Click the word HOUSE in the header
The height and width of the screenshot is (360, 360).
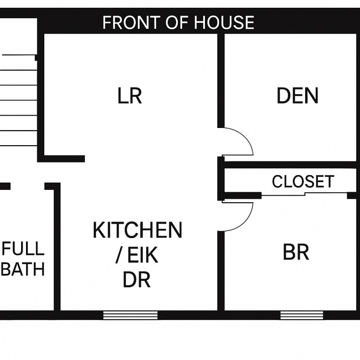click(225, 23)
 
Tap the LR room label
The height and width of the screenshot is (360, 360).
click(130, 96)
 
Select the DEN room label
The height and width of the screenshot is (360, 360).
click(297, 96)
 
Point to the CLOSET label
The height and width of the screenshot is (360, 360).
click(303, 182)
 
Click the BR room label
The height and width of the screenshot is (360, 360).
click(296, 252)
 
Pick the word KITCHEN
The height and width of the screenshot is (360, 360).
click(137, 230)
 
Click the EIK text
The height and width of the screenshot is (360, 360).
click(143, 255)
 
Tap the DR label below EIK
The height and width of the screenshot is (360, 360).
click(136, 280)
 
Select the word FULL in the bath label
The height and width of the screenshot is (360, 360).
click(23, 248)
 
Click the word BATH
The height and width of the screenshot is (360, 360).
click(23, 270)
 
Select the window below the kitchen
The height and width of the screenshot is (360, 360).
click(130, 315)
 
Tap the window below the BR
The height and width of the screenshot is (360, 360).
click(294, 315)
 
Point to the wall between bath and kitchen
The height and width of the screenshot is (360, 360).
click(56, 249)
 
